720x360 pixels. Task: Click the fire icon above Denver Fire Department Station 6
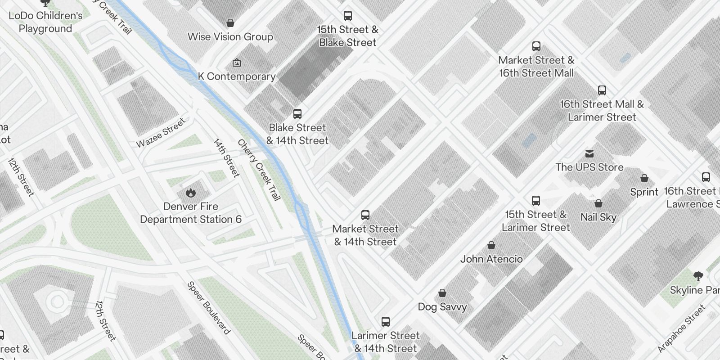(191, 193)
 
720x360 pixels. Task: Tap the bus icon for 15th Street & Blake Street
(347, 16)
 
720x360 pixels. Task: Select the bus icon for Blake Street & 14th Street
(297, 113)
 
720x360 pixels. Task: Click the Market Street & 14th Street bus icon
(365, 215)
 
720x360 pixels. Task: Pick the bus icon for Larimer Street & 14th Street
(385, 321)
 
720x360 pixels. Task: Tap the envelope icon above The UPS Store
(589, 154)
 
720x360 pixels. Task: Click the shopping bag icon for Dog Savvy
(442, 293)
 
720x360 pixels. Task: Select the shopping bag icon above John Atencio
(491, 245)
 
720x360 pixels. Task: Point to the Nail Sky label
(598, 217)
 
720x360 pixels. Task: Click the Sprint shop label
(644, 192)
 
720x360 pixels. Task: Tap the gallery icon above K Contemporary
(236, 63)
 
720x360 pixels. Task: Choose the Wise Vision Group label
(230, 37)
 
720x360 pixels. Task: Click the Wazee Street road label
(161, 133)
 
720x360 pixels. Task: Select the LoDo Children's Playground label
(45, 22)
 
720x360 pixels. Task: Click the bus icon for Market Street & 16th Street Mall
(536, 46)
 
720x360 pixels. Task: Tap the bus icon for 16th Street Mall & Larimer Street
(602, 90)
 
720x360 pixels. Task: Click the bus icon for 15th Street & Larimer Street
(535, 200)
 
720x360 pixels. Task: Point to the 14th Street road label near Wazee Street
(226, 158)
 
